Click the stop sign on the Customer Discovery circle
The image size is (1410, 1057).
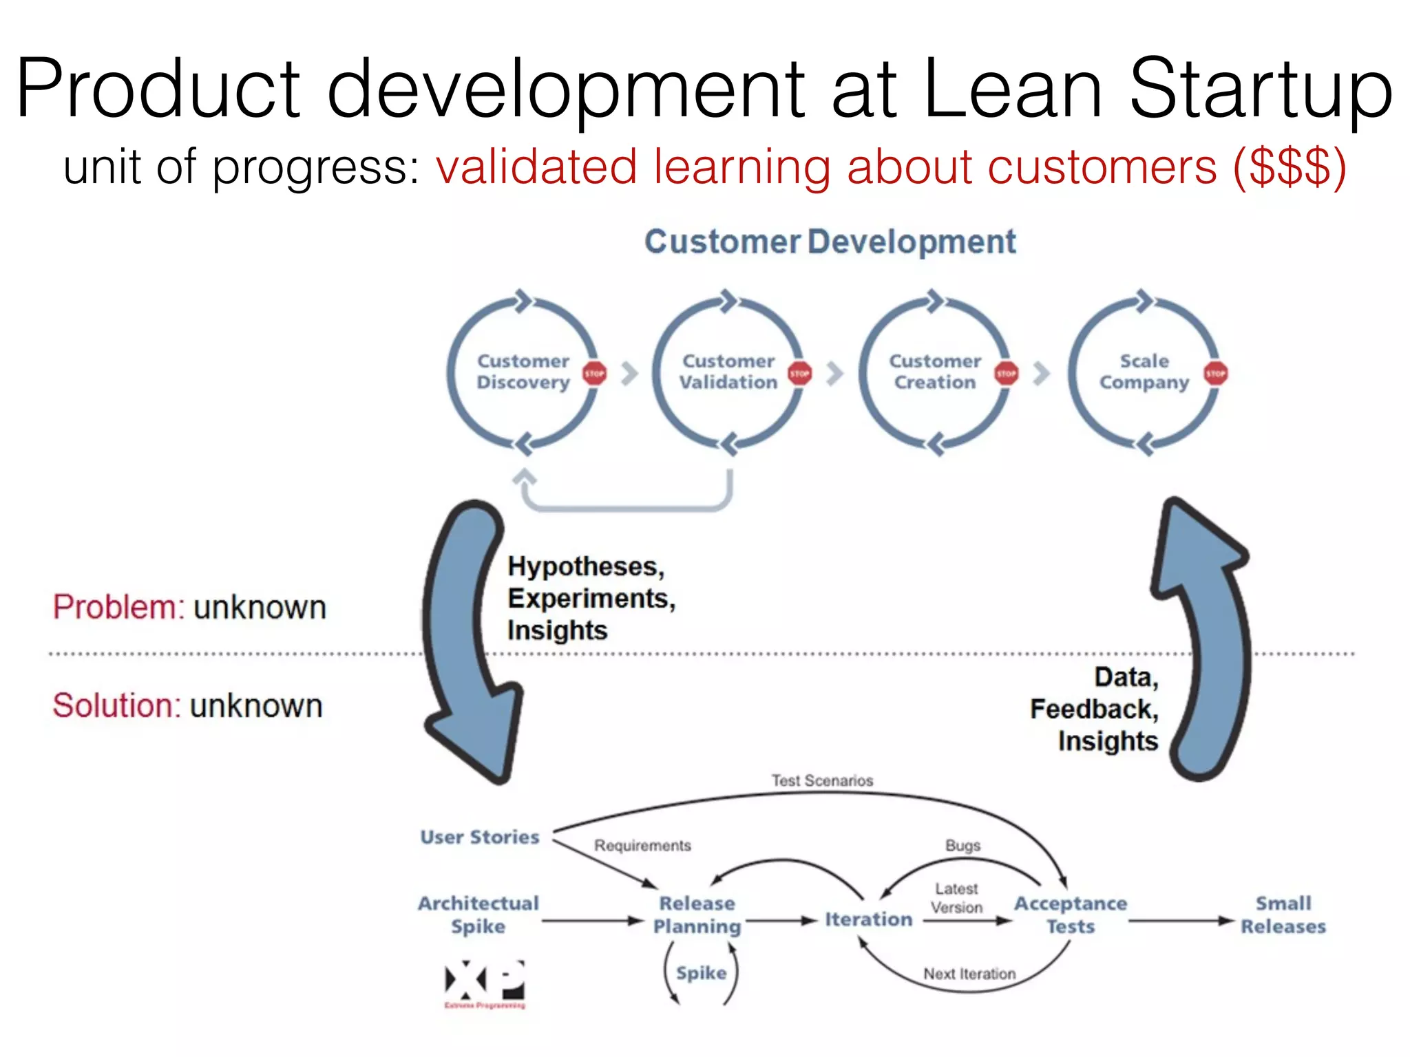pos(594,374)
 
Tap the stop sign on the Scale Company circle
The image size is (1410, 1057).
pos(1215,374)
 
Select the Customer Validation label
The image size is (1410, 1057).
pos(728,372)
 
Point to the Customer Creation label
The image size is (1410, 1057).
pos(935,372)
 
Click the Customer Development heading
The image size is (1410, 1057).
pos(830,242)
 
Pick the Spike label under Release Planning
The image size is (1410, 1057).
pos(701,973)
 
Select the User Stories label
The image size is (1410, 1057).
pos(480,837)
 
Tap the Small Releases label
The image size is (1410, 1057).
pos(1283,915)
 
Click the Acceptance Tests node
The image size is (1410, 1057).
pos(1071,915)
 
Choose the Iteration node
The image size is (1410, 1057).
pos(868,919)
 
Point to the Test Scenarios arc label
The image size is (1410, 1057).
pos(822,780)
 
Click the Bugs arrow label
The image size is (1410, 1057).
pos(962,845)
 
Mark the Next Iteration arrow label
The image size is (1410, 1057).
pos(969,974)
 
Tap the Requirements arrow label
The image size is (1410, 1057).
pos(642,845)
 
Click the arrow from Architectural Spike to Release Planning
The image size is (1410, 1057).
pos(592,921)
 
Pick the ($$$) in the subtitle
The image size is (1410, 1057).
pos(1289,167)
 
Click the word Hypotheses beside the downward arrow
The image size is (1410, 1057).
pos(586,566)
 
